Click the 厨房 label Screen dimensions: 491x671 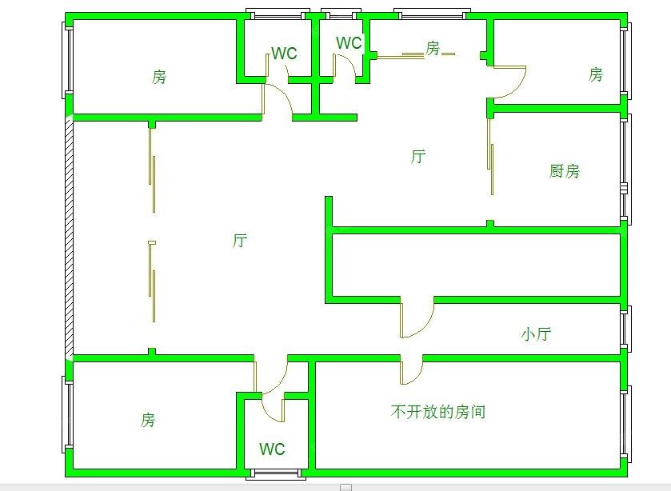pos(565,170)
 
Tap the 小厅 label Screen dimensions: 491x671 pos(536,334)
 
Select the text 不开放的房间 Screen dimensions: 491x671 pos(438,412)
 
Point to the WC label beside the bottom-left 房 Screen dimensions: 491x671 pos(272,449)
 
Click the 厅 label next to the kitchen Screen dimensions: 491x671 pos(417,157)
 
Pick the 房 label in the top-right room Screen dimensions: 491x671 pos(595,75)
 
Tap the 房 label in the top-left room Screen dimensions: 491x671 pos(159,78)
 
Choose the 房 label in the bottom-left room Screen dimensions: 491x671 pos(148,420)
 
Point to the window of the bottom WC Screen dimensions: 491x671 pos(276,473)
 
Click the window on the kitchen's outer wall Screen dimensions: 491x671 pos(626,168)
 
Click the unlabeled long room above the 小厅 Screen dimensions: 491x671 pos(476,264)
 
